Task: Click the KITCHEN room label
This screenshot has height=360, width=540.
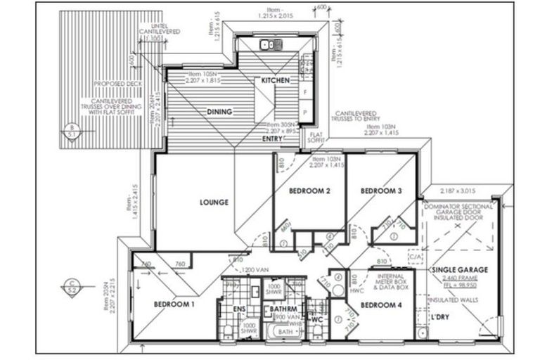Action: click(x=276, y=81)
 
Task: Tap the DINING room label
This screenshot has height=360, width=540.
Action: click(x=219, y=111)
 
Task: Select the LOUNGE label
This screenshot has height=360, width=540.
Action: click(x=214, y=202)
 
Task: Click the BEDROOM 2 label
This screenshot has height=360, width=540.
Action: click(x=310, y=191)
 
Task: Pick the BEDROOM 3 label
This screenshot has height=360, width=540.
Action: click(x=381, y=191)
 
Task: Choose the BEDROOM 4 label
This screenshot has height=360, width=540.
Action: click(x=380, y=305)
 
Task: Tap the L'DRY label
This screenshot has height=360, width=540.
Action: click(x=442, y=318)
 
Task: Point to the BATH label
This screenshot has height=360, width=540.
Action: click(x=285, y=331)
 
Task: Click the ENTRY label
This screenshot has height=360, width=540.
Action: click(x=272, y=139)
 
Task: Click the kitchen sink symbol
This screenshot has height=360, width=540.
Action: click(x=271, y=45)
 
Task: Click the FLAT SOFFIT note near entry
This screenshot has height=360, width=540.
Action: click(x=317, y=138)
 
